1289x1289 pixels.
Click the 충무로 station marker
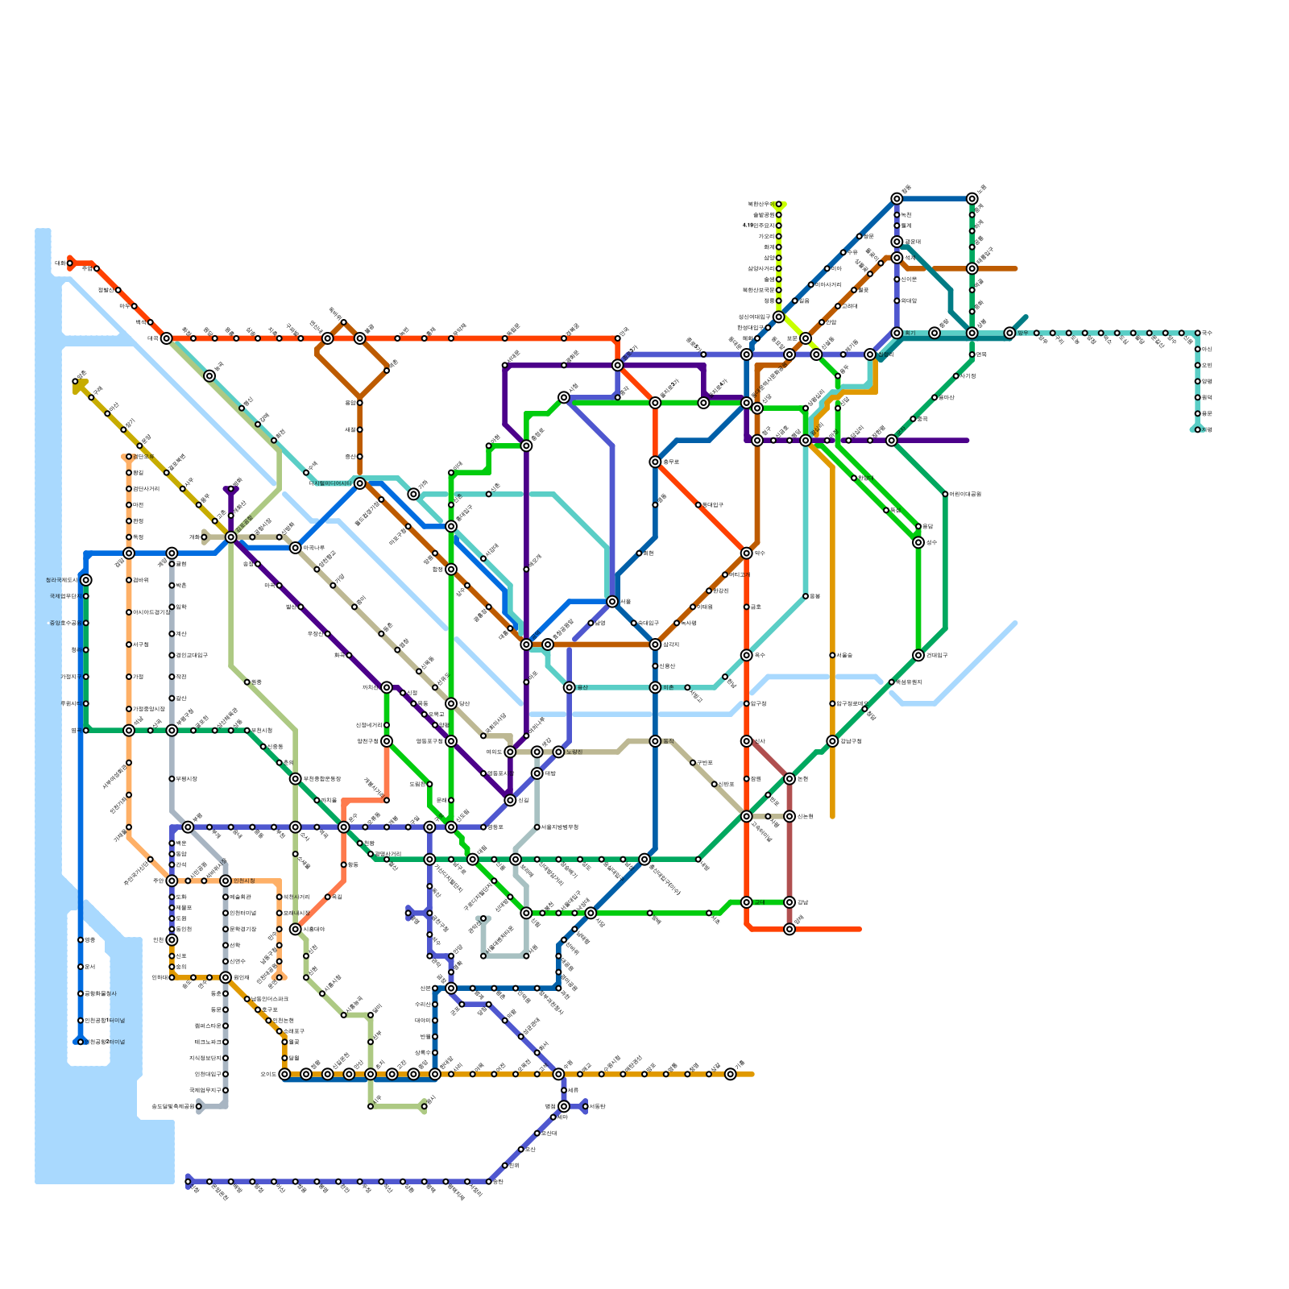655,462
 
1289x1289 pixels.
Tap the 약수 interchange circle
747,553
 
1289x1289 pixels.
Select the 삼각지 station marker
655,644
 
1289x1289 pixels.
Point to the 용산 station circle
570,687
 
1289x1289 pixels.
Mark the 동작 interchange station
655,741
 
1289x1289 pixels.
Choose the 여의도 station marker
510,752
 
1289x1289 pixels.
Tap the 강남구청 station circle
832,741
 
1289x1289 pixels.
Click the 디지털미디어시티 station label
330,483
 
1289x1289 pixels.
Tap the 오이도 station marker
284,1074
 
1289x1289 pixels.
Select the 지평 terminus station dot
1198,429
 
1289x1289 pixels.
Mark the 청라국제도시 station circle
86,580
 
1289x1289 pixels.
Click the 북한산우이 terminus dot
779,204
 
